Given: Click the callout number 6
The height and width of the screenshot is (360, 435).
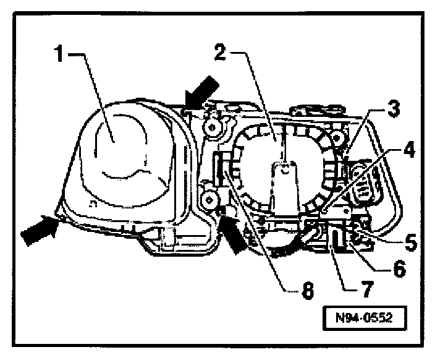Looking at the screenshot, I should (x=399, y=269).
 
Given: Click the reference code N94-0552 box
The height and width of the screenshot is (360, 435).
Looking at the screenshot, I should (x=365, y=320).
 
